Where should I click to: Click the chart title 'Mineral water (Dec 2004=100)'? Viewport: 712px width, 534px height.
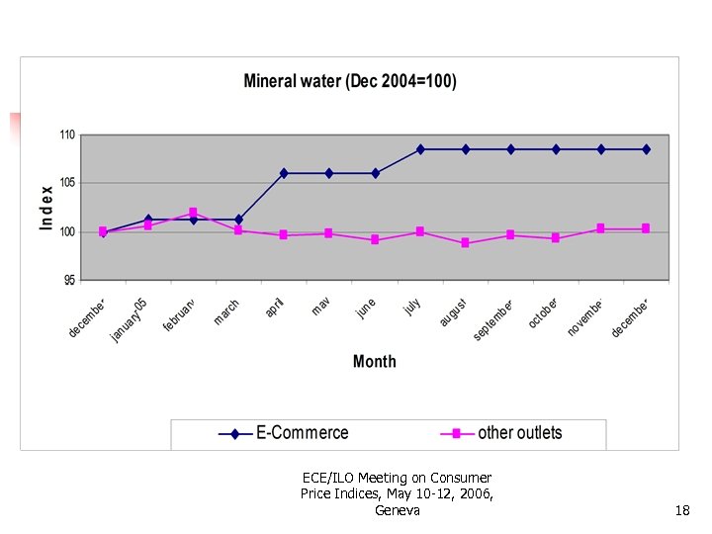point(350,82)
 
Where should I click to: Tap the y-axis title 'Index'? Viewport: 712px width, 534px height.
point(46,208)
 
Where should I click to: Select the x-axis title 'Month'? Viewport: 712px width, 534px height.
point(374,362)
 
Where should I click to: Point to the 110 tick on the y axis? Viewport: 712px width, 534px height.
point(66,134)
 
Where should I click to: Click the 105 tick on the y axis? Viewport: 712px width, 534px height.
point(66,183)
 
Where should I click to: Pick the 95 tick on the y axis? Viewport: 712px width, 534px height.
point(68,281)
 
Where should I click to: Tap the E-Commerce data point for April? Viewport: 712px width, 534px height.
point(284,173)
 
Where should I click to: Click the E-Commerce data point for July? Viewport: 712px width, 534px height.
point(420,149)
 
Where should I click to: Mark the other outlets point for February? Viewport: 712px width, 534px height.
point(193,213)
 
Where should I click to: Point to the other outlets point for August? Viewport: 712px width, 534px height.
point(466,243)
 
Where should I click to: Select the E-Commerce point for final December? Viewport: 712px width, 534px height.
point(647,149)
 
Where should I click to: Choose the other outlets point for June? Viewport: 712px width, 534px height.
point(375,239)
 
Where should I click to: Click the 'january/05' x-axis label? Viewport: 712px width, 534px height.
point(129,319)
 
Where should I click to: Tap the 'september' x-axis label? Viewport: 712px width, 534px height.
point(492,320)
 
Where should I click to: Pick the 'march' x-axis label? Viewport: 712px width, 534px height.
point(226,312)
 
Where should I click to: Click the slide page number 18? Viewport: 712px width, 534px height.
point(682,510)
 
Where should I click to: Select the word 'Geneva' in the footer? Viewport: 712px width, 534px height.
point(398,510)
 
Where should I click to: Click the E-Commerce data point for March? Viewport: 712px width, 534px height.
point(238,220)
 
